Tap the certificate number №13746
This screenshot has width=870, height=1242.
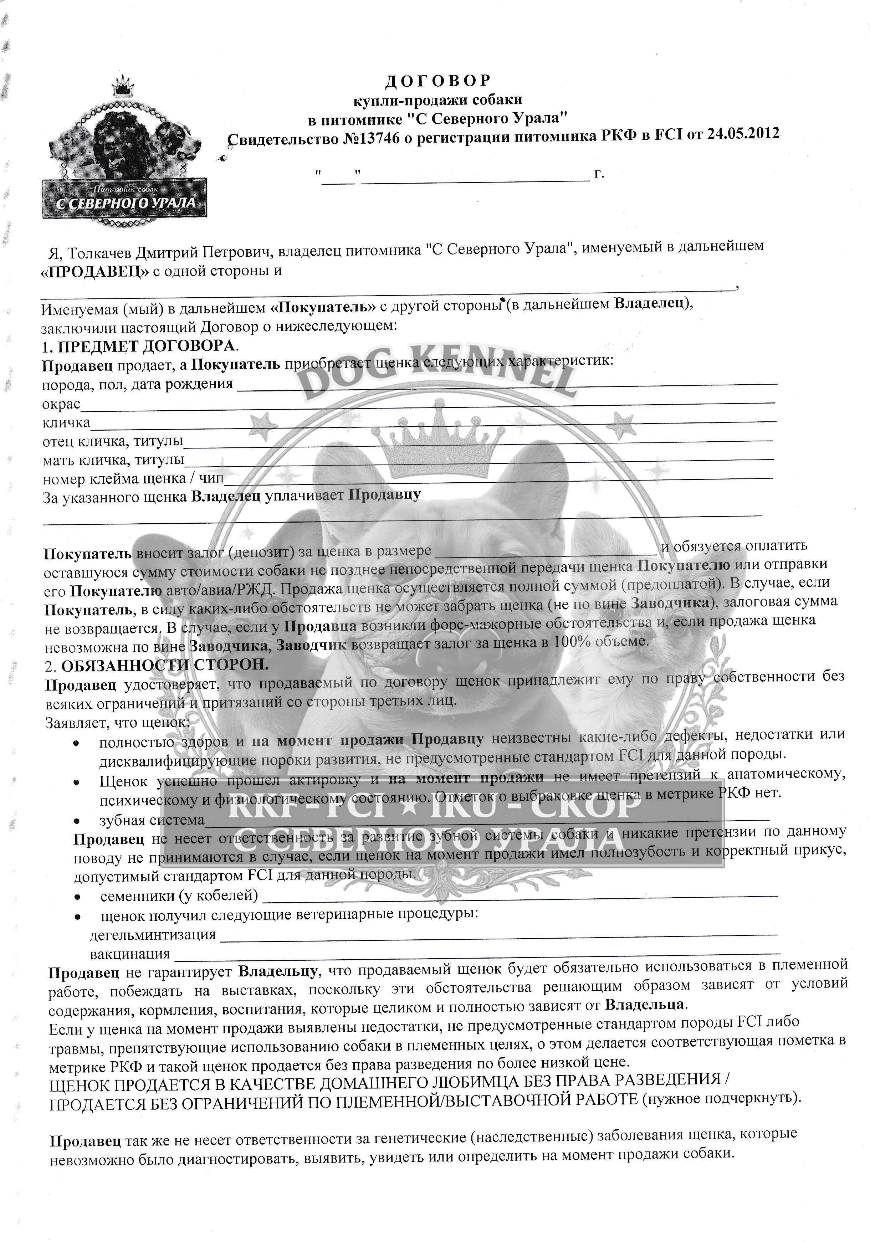[372, 138]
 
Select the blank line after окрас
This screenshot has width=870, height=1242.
[428, 404]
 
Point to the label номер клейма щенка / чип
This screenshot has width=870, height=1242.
[133, 479]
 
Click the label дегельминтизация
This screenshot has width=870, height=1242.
[153, 935]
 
